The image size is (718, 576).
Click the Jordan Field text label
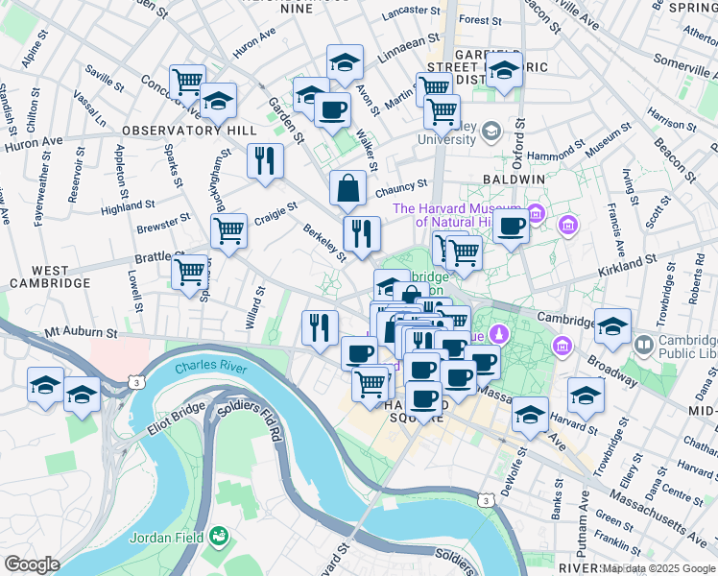click(169, 537)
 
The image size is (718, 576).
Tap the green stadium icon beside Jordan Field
click(220, 536)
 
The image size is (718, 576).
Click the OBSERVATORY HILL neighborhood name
click(187, 130)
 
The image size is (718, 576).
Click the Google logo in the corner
click(32, 564)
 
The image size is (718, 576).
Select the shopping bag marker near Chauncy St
click(347, 189)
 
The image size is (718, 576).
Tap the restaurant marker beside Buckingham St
click(265, 160)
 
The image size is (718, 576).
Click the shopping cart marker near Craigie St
click(229, 231)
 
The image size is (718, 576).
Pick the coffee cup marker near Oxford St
click(512, 226)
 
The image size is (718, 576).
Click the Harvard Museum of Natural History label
click(455, 216)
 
